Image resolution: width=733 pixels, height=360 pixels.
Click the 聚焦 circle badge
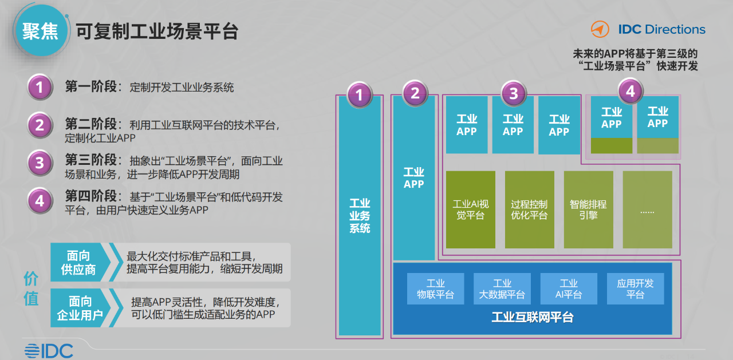41,31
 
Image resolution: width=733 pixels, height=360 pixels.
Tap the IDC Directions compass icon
600,29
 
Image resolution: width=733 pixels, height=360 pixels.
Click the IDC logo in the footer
49,351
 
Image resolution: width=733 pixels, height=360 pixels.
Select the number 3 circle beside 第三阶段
40,163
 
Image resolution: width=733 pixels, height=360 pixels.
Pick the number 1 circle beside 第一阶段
40,88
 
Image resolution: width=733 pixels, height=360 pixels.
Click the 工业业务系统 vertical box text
360,216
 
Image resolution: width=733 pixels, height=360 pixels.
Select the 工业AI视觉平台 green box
471,209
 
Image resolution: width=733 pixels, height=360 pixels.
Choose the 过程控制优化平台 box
530,209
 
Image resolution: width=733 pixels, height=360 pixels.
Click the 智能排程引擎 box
588,209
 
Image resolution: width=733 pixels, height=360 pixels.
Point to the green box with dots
647,209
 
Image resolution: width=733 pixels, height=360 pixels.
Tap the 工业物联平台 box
436,288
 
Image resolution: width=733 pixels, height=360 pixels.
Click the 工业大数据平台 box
502,288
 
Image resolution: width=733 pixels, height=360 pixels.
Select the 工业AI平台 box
569,288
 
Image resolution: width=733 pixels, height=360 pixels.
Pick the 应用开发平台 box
636,288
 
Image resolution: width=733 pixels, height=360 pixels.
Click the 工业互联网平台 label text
533,317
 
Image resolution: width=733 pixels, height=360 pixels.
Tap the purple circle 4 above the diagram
630,91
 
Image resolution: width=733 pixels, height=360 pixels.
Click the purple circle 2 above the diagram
415,93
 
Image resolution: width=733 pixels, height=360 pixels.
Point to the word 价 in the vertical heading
31,279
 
